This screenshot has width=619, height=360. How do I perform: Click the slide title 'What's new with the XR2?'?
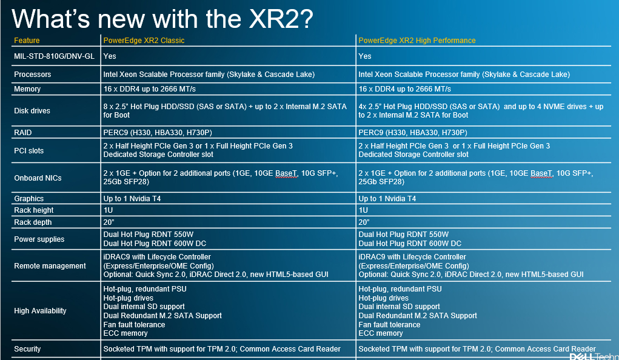pos(162,19)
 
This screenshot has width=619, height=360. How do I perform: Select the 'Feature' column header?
pos(27,40)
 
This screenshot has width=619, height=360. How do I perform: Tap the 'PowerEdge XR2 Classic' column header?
pos(144,40)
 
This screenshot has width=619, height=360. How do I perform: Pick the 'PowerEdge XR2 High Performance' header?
pos(417,40)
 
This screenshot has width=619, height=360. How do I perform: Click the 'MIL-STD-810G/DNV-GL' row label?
pos(55,56)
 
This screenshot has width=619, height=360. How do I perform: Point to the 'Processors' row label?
pos(32,74)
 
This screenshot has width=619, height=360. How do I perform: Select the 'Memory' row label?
pos(27,89)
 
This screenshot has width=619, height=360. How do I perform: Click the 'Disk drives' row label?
pos(32,110)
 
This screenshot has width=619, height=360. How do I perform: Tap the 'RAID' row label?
pos(23,132)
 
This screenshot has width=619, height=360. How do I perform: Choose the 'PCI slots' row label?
pos(29,150)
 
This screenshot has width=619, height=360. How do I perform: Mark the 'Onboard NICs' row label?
pos(38,178)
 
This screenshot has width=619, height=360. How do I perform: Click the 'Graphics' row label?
pos(29,198)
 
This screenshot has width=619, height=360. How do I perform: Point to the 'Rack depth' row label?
pos(33,222)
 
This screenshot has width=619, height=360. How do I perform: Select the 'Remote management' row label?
pos(50,265)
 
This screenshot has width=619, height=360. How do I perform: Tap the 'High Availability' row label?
pos(40,311)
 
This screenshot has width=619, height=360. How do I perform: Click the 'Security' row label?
pos(27,348)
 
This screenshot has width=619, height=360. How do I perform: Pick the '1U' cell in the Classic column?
pos(108,210)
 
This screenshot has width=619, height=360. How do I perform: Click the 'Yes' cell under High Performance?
pos(365,56)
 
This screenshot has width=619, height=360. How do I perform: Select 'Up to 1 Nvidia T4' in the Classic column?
pos(132,198)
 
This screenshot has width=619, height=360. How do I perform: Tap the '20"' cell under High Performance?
pos(364,222)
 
